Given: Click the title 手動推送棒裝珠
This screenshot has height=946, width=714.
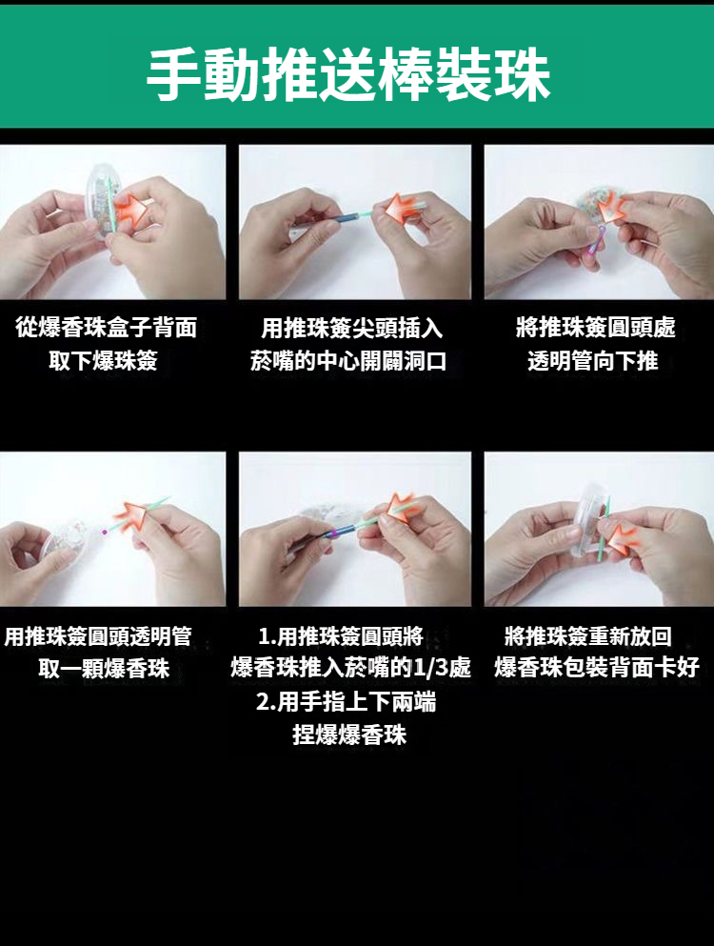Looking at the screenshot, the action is [x=348, y=75].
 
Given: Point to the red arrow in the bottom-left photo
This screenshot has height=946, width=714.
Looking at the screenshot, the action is [x=131, y=518].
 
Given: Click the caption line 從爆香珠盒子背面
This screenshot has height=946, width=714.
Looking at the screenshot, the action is [x=106, y=328].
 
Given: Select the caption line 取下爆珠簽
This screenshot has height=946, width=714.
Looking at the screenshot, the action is [x=103, y=361].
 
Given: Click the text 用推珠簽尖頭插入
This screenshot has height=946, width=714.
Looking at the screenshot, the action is [x=352, y=329].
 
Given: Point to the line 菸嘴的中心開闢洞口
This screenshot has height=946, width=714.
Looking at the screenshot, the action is [x=348, y=361].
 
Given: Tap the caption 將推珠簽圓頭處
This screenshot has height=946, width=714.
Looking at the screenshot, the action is [x=596, y=328].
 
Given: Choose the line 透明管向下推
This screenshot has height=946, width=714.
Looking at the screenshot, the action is [x=593, y=361].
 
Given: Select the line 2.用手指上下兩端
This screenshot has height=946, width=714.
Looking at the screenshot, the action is [x=347, y=702].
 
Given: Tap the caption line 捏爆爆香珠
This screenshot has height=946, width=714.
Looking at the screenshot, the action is [x=349, y=735].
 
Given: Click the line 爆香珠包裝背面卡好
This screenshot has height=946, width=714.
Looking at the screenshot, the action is [x=597, y=667].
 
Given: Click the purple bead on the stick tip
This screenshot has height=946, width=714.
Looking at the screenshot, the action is [x=105, y=533].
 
